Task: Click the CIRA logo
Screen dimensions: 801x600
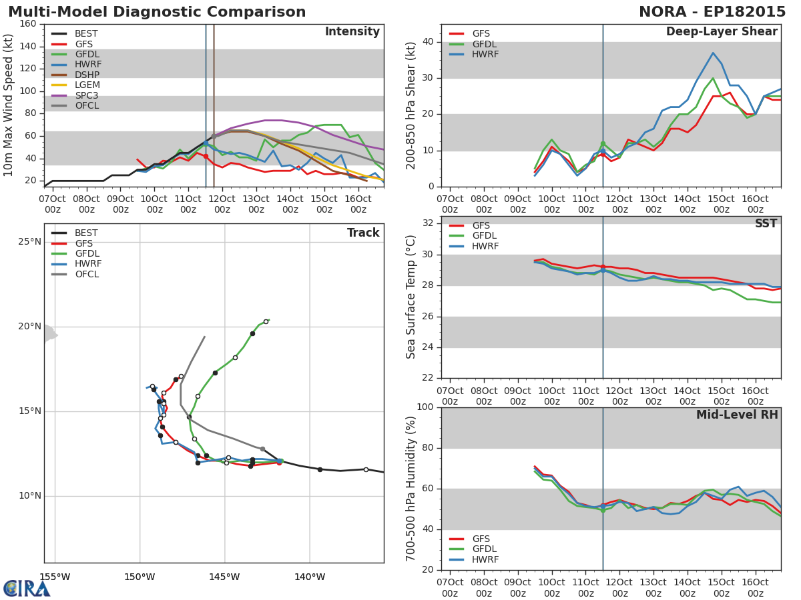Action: click(26, 589)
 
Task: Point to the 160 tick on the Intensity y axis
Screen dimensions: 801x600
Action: click(28, 24)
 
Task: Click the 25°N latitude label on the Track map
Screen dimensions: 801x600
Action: click(30, 242)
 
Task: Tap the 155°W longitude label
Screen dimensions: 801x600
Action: click(55, 577)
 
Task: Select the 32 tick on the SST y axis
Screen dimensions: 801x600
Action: click(428, 223)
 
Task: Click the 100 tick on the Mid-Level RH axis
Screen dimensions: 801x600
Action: click(425, 407)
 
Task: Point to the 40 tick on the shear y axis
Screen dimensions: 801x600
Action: click(428, 41)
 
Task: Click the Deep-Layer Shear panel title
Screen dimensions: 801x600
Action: click(722, 32)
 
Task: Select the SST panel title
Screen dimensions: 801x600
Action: click(766, 223)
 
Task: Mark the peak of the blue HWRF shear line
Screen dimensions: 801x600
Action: click(713, 53)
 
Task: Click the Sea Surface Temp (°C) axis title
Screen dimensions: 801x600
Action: click(411, 297)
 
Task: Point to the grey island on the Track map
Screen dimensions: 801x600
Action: click(50, 334)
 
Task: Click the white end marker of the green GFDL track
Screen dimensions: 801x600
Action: click(266, 322)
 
